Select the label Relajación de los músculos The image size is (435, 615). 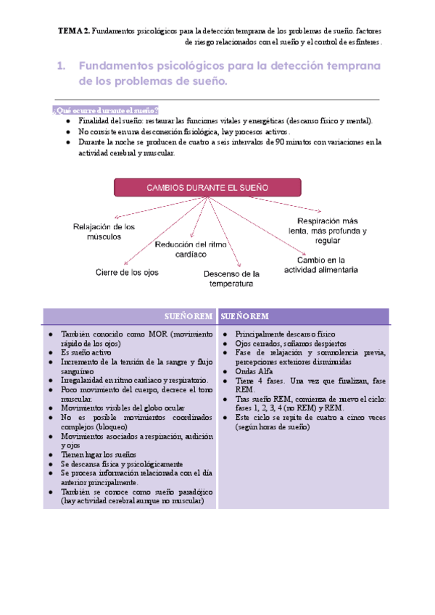[x=104, y=231]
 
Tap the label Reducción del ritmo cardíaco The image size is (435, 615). [x=191, y=249]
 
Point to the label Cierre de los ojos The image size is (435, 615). [x=127, y=273]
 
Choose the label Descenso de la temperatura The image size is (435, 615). [x=231, y=279]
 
